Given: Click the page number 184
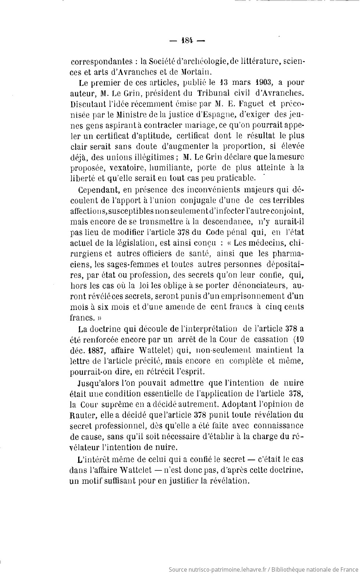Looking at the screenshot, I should (187, 41).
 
